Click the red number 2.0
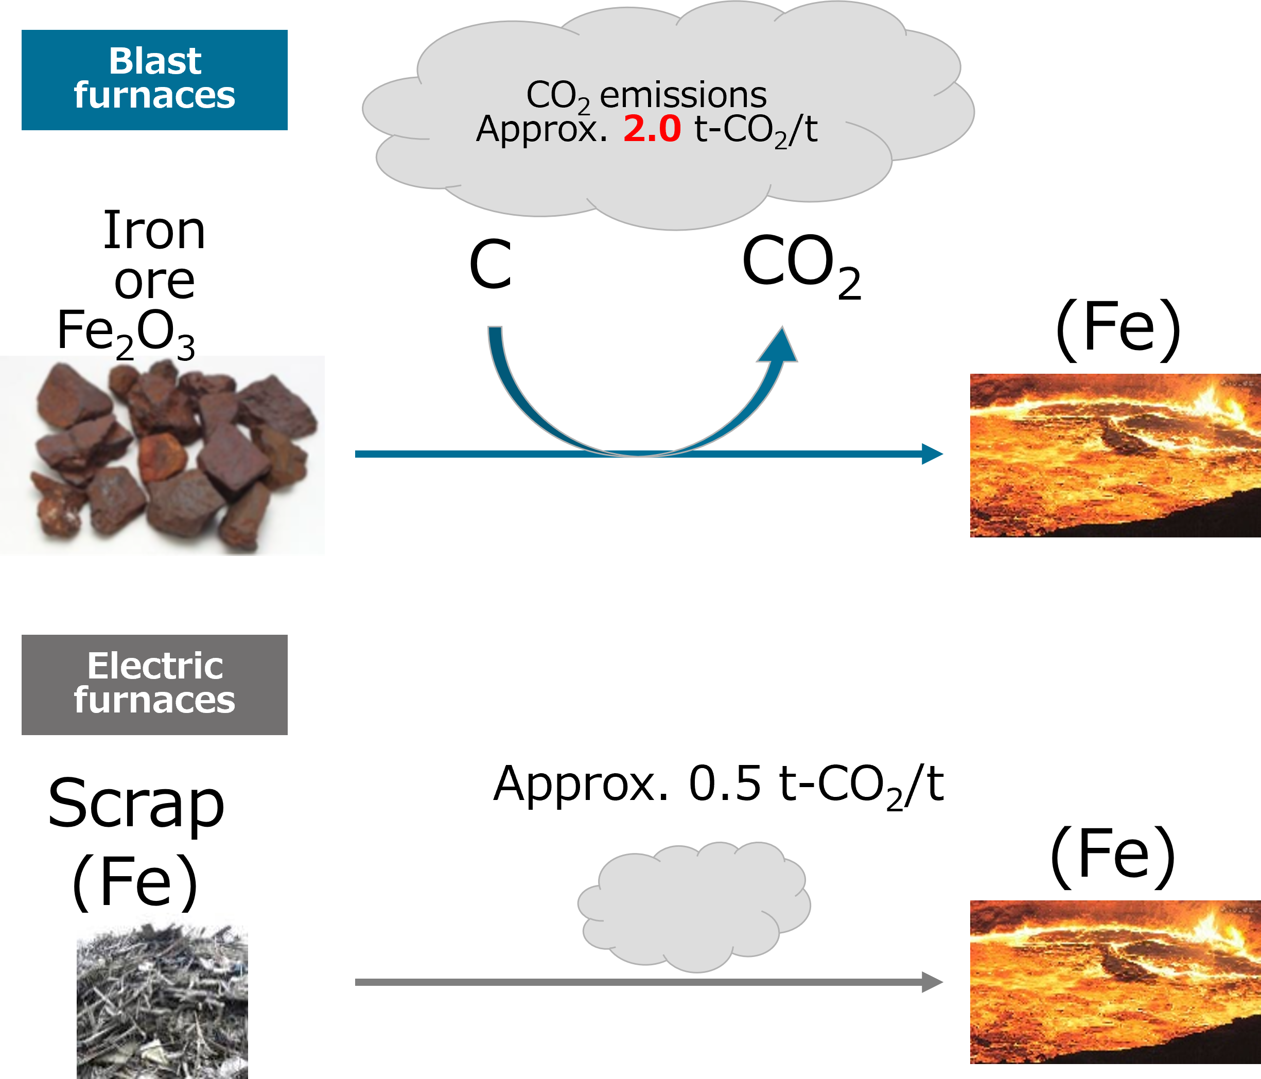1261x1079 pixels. (651, 129)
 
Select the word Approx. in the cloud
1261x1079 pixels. (541, 129)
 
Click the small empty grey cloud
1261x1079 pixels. (694, 906)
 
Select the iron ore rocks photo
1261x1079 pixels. (162, 455)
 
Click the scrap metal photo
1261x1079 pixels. (162, 996)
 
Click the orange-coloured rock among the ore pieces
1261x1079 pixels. (163, 457)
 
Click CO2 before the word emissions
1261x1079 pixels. (557, 96)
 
